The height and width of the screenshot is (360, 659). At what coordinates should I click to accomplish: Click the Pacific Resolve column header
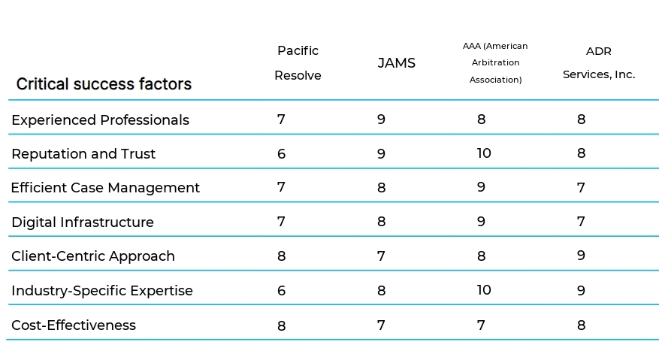(298, 63)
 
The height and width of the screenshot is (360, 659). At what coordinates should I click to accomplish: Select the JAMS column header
(396, 63)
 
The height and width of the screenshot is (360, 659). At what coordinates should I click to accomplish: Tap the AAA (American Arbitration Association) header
(495, 63)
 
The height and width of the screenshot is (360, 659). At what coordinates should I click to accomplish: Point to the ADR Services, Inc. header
(599, 63)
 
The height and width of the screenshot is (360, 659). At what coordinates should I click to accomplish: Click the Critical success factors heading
(104, 84)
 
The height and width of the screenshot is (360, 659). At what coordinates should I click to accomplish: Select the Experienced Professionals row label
(100, 120)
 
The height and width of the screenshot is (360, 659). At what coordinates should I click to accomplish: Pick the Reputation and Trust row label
(83, 154)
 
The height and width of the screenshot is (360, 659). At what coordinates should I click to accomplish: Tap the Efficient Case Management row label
(105, 188)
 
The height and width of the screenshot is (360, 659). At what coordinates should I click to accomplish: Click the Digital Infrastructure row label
(83, 222)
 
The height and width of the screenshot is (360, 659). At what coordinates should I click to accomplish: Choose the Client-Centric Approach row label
(93, 256)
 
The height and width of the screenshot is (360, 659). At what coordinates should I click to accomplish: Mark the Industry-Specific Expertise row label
(102, 291)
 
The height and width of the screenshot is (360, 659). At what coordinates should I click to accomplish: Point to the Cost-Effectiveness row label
(74, 325)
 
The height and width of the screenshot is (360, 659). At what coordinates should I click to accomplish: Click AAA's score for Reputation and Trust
(484, 153)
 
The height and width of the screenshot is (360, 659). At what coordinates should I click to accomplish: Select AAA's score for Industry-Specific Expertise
(484, 290)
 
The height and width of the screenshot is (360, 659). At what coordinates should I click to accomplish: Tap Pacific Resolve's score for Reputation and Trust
(281, 153)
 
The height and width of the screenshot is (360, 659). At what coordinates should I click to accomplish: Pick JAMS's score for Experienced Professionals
(381, 119)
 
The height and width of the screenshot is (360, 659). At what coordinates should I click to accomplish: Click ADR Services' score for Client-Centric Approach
(581, 256)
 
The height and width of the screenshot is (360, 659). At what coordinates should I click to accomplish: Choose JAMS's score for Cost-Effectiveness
(381, 325)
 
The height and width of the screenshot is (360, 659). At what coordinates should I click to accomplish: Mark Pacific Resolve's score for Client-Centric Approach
(281, 256)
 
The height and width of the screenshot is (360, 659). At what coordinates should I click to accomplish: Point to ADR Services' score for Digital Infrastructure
(581, 222)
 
